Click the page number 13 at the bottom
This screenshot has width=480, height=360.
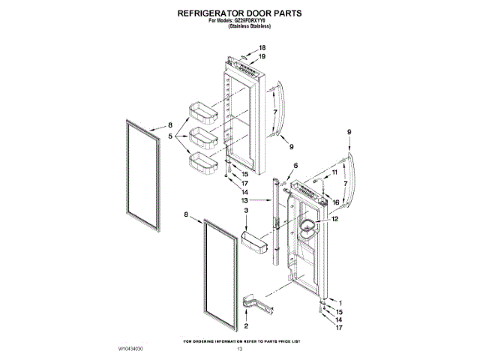tap(240, 349)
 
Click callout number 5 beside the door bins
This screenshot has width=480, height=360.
tap(170, 136)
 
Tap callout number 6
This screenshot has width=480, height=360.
tap(295, 166)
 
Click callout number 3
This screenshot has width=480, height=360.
tap(246, 212)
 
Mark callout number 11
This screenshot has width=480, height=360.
tap(334, 172)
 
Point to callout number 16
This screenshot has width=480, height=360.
tap(336, 202)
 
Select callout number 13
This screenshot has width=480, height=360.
tap(244, 201)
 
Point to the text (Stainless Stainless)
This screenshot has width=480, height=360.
tap(250, 27)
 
